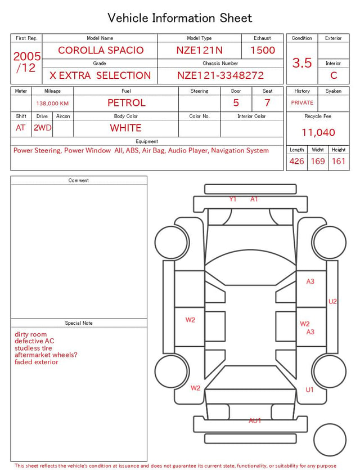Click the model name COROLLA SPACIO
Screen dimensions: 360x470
tap(101, 50)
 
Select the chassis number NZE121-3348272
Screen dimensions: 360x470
tap(220, 75)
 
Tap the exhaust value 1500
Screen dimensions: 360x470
tap(263, 50)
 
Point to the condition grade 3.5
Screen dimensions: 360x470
tap(302, 62)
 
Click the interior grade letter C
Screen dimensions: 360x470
tap(334, 75)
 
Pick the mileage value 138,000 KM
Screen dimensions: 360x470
tap(52, 104)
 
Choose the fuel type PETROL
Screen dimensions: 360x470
tap(127, 103)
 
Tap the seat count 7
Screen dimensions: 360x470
tap(267, 103)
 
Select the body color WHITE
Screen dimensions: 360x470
tap(125, 128)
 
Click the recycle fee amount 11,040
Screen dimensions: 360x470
tap(318, 132)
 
